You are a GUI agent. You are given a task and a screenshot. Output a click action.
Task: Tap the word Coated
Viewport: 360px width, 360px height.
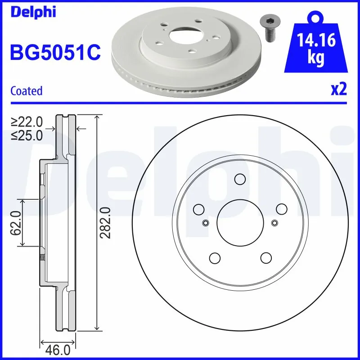click(x=26, y=91)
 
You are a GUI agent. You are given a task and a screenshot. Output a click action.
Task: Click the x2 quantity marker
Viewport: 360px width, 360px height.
click(x=339, y=90)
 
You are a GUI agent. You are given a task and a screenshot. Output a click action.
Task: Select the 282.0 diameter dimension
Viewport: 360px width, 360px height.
click(x=104, y=222)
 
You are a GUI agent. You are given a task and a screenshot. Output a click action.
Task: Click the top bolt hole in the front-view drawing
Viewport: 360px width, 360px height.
click(x=239, y=179)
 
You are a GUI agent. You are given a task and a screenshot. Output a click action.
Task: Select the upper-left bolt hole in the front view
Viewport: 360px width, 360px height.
click(x=198, y=209)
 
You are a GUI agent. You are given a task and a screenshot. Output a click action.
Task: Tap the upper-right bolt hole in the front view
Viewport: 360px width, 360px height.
click(x=281, y=209)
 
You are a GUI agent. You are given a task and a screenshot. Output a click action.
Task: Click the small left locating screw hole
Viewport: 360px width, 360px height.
click(x=205, y=222)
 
